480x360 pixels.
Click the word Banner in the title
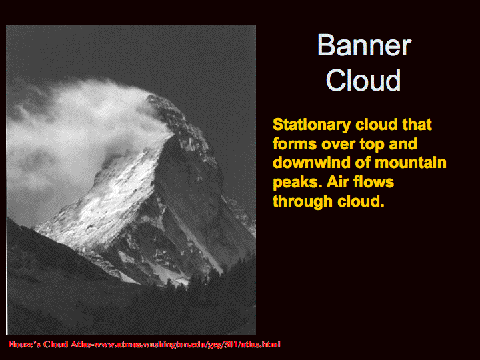364,45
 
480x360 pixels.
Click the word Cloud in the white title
363,79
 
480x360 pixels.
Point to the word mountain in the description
411,163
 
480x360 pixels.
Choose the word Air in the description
337,182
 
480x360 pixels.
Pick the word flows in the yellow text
373,182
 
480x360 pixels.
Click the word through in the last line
302,202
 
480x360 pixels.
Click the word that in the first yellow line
417,125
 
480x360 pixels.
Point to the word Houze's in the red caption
24,344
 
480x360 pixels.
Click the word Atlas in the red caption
81,344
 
